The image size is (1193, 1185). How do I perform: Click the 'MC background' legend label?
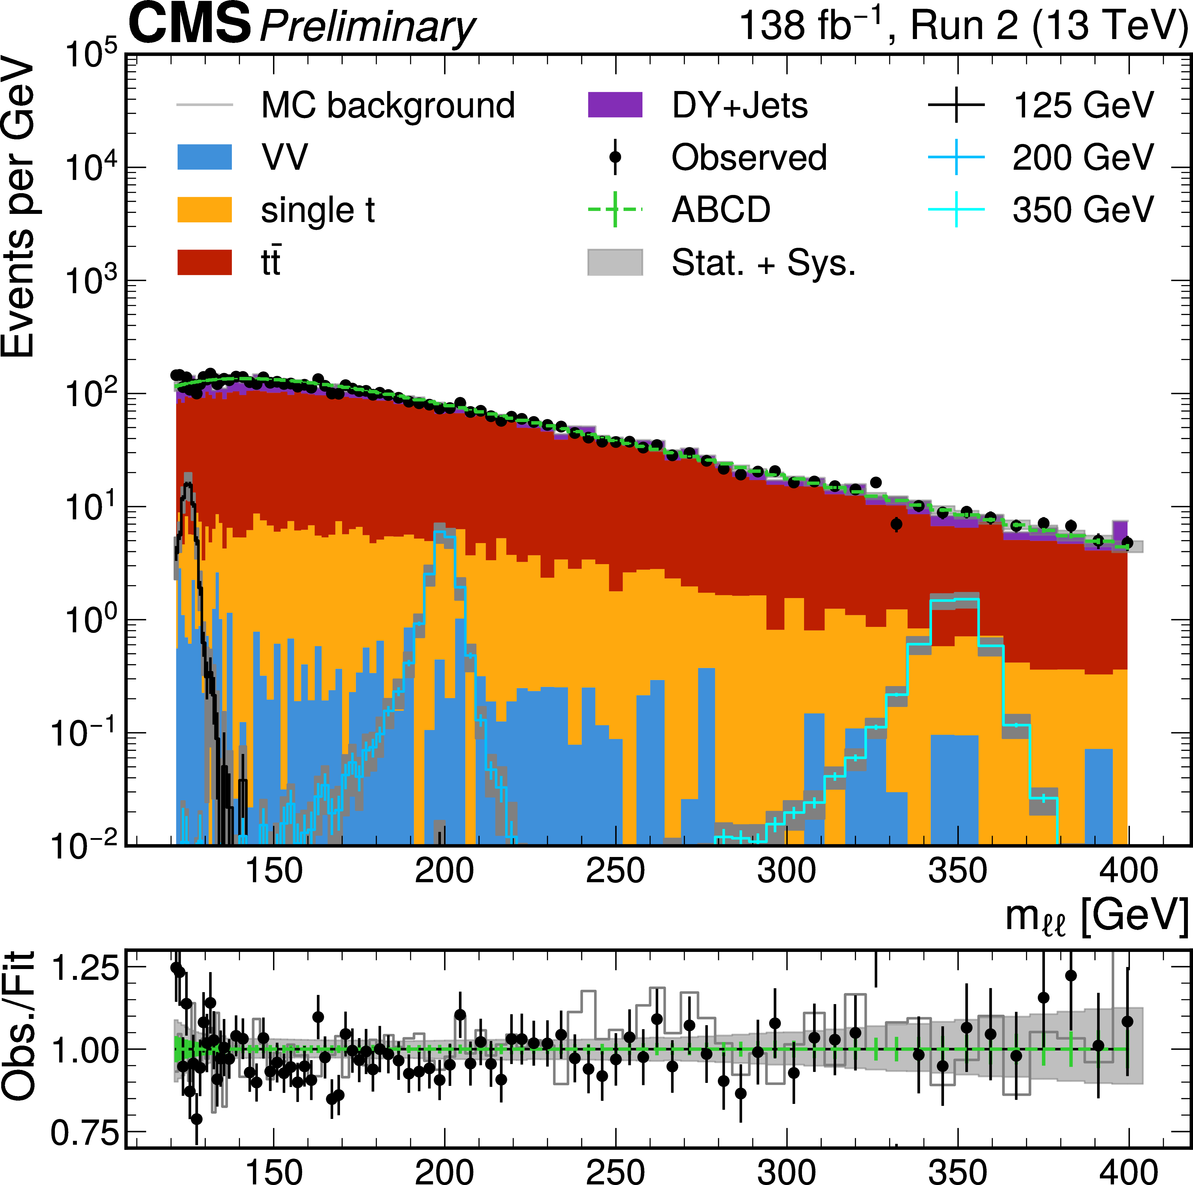(388, 106)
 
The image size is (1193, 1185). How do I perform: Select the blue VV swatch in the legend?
(205, 157)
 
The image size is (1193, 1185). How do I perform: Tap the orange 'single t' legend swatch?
(205, 210)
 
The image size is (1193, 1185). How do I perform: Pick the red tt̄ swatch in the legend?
(205, 263)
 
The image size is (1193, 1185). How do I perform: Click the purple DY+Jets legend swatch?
(615, 105)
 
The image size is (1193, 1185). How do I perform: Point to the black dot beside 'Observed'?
(615, 157)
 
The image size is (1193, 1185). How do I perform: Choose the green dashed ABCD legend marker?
(615, 210)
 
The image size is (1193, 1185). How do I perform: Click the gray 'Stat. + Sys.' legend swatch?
(615, 263)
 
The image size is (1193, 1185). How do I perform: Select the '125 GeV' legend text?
(1083, 106)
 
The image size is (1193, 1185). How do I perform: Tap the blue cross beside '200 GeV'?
(956, 157)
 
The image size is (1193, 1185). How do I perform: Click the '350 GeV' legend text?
(1083, 210)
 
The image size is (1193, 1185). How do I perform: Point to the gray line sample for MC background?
(205, 105)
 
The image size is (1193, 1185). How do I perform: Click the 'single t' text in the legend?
(317, 210)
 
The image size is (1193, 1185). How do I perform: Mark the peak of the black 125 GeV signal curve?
(188, 485)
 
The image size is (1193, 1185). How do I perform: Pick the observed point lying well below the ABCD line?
(897, 524)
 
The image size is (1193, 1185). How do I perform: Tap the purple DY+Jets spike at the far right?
(1120, 530)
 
